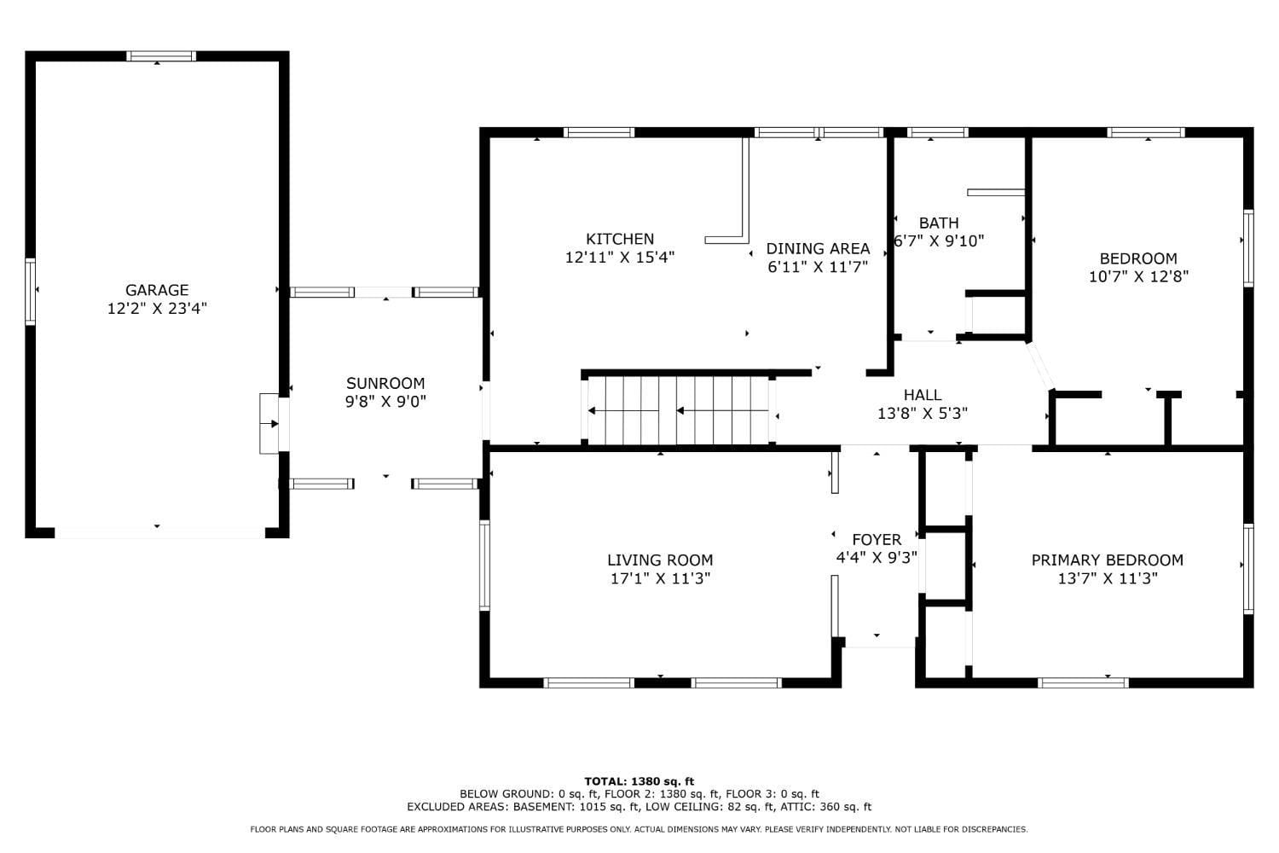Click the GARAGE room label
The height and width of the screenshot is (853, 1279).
(157, 290)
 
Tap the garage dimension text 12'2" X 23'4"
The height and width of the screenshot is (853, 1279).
(157, 309)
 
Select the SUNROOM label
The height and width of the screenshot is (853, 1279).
(385, 383)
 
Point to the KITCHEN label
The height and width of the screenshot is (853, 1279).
(620, 238)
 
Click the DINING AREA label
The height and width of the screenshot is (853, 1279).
(818, 248)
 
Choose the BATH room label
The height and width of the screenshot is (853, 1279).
(939, 223)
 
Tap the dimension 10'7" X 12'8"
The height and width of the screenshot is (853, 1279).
(1138, 276)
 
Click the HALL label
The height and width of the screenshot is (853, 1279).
(922, 395)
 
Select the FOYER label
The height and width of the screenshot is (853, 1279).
(877, 539)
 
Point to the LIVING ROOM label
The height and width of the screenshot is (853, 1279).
(660, 560)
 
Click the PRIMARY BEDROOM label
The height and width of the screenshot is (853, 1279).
(1107, 560)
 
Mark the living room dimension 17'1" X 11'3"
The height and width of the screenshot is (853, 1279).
(660, 578)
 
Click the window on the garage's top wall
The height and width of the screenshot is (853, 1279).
(161, 56)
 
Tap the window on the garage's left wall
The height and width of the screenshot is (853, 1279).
(30, 292)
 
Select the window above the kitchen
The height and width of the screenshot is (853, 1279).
(599, 132)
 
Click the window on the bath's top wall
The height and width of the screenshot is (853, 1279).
(938, 132)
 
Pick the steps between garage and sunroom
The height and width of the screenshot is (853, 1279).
(269, 423)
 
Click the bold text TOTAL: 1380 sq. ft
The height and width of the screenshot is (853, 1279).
(639, 781)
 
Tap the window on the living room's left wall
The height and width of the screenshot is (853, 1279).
(485, 565)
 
